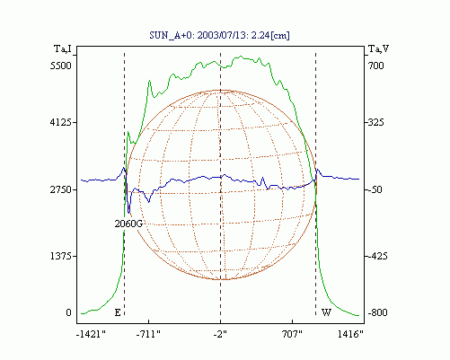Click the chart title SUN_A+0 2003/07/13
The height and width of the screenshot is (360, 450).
pos(219,35)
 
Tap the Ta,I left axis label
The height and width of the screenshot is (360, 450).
pos(63,48)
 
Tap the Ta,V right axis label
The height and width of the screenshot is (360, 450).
pos(378,48)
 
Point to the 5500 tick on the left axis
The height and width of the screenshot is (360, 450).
pos(61,66)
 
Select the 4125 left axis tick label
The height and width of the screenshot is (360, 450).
pos(61,122)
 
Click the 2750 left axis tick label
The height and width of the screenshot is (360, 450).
pos(61,189)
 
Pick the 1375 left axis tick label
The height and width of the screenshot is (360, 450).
pos(61,256)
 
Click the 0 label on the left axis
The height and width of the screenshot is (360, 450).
pos(68,312)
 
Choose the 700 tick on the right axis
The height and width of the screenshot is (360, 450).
pos(376,66)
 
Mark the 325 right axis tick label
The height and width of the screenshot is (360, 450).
pos(375,122)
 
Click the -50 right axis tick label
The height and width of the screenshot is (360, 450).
pos(375,189)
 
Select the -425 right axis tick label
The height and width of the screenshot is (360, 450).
pos(377,256)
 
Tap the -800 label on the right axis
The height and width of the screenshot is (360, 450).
pos(377,312)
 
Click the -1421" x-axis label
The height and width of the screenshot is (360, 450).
pos(91,334)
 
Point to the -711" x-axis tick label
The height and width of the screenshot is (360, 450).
pos(148,334)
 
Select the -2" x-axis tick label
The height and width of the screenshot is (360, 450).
pos(220,334)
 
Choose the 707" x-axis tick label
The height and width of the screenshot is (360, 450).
pos(292,334)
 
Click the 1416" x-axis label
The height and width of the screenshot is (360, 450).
pos(350,334)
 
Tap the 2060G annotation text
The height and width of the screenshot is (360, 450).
pos(128,224)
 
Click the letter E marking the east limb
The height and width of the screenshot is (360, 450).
pos(118,312)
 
